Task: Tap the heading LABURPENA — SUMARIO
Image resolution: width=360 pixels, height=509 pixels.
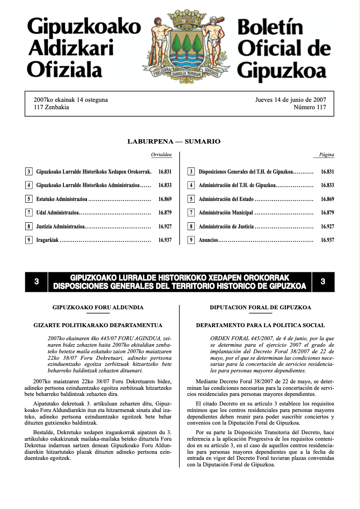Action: click(x=174, y=141)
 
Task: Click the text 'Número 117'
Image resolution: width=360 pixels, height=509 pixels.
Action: click(x=310, y=107)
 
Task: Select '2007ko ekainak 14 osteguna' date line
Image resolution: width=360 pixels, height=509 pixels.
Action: click(x=71, y=100)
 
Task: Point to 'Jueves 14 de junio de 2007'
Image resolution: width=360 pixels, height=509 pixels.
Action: click(x=290, y=100)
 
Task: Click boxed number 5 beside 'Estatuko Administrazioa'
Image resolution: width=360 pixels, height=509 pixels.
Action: click(x=29, y=199)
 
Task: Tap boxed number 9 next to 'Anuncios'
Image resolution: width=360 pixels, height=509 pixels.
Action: click(x=191, y=240)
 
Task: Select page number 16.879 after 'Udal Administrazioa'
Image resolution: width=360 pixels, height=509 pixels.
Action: click(x=165, y=213)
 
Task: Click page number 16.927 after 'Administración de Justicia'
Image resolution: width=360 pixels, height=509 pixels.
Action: click(x=327, y=226)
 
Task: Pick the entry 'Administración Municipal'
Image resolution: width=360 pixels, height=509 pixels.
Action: click(x=226, y=213)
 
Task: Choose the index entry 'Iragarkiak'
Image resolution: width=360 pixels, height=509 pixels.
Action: click(x=47, y=240)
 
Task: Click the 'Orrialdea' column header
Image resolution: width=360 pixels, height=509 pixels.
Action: click(x=161, y=155)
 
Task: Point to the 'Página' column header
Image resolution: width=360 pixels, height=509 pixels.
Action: click(x=327, y=155)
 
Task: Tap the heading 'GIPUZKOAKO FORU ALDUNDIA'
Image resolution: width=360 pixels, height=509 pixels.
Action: click(x=98, y=307)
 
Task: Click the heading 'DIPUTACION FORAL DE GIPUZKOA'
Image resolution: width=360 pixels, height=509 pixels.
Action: click(x=260, y=307)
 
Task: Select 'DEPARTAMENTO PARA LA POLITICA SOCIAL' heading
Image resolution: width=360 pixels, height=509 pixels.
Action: click(x=260, y=325)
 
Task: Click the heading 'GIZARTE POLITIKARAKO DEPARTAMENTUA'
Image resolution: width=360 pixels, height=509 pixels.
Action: click(x=98, y=325)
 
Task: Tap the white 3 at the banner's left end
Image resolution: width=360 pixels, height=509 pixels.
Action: click(x=37, y=281)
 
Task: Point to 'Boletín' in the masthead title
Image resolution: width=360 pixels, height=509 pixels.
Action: click(x=270, y=28)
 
